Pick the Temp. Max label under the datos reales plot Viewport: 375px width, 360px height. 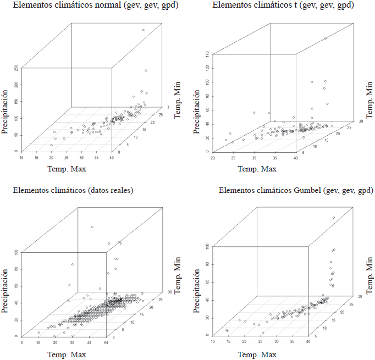[x=70, y=355]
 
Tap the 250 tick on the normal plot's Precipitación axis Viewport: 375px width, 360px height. [x=16, y=68]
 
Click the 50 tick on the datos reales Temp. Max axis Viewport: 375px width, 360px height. [x=106, y=343]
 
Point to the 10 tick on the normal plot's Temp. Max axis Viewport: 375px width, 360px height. [x=22, y=158]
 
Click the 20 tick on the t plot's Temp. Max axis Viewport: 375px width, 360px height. [x=212, y=158]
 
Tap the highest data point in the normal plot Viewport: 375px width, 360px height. [x=143, y=30]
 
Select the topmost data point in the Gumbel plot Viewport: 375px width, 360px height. [x=334, y=218]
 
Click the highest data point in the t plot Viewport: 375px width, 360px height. [x=326, y=38]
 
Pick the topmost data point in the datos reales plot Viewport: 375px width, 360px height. [x=92, y=227]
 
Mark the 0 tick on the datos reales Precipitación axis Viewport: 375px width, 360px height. [x=15, y=336]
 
